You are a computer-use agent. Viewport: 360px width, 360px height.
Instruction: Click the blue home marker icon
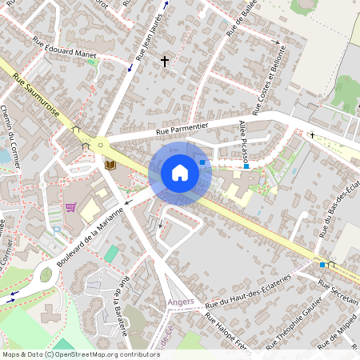pos(179,173)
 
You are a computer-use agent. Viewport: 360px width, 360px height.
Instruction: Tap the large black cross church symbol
pos(165,61)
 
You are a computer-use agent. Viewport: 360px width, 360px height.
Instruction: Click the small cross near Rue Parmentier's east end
pos(312,135)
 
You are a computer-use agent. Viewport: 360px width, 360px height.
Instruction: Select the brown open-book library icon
pos(110,165)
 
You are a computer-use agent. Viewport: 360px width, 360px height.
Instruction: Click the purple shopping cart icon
pos(70,207)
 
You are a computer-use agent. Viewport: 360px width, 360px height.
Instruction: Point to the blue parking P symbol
pos(56,230)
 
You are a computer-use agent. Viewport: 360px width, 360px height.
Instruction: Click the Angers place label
pos(182,302)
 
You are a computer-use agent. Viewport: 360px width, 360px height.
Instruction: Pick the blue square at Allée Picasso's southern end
pos(246,166)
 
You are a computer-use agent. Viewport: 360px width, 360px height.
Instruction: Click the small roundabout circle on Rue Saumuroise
pos(101,146)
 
